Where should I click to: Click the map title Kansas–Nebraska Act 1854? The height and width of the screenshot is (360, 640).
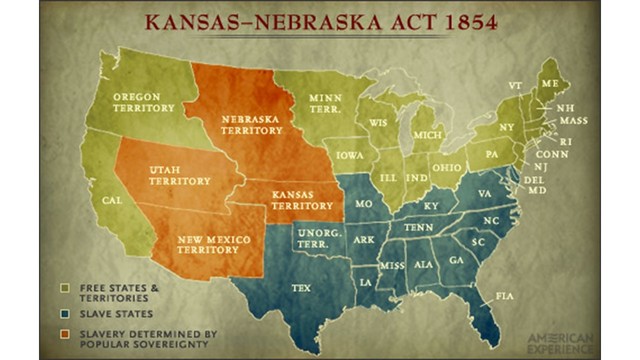(320, 21)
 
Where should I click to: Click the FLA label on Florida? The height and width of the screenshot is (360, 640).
(503, 296)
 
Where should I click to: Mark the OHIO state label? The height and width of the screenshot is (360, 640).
(447, 167)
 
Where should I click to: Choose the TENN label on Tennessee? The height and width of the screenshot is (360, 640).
(417, 226)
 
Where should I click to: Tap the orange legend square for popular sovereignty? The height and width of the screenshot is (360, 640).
(64, 333)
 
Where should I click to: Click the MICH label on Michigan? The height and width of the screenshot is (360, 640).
(427, 136)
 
